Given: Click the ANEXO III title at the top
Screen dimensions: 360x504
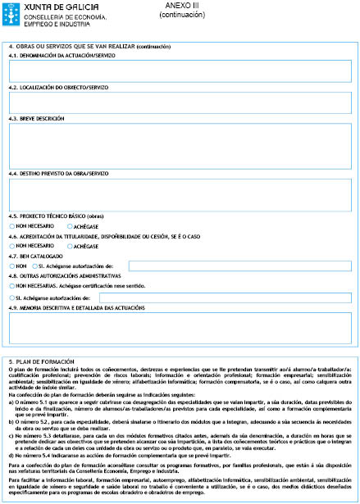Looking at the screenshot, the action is click(176, 6).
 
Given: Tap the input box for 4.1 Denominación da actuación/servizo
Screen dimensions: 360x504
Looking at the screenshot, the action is click(180, 71).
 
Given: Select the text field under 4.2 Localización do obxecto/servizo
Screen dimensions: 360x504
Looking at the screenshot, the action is click(180, 102).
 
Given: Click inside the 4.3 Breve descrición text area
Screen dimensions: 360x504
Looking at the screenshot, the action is click(180, 144).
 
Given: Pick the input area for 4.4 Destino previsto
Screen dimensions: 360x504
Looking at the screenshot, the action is click(180, 194).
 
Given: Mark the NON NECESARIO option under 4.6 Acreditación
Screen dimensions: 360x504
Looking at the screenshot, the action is click(12, 245).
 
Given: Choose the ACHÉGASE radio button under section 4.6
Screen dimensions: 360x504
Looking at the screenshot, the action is click(70, 245).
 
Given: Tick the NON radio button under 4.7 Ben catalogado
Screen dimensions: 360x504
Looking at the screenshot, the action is click(12, 266).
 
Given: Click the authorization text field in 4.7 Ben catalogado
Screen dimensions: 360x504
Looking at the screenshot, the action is click(239, 266).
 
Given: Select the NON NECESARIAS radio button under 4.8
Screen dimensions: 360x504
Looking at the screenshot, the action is click(12, 286).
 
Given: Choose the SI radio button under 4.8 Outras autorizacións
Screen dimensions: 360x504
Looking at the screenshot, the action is click(12, 297).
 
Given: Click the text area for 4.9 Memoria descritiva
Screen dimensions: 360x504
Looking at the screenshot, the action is click(180, 328).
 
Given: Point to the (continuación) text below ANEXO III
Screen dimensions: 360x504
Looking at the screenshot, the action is click(176, 15).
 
